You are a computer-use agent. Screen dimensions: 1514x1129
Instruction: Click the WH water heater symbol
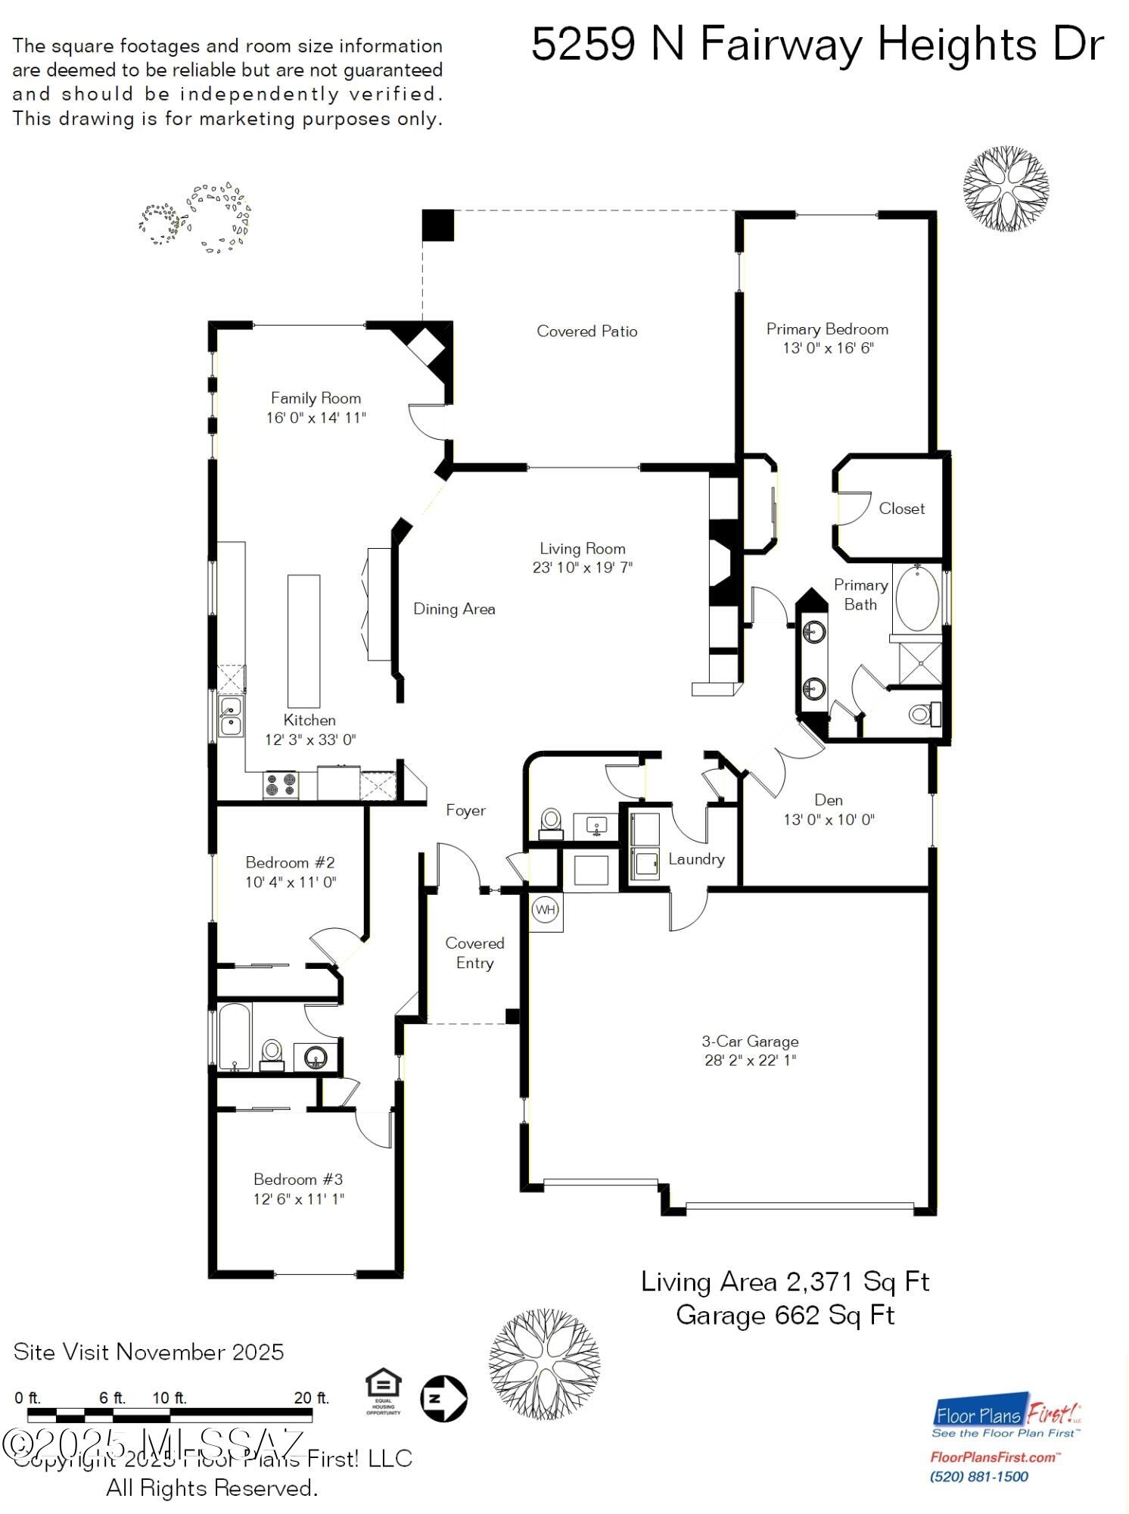546,909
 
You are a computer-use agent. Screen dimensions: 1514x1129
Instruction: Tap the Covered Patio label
586,331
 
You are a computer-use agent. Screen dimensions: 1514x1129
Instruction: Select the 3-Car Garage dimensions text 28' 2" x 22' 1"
750,1061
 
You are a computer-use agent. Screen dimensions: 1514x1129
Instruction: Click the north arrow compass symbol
443,1398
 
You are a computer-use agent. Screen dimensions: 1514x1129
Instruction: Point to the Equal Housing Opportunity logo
382,1391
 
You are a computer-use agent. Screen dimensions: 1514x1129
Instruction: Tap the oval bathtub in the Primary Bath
917,599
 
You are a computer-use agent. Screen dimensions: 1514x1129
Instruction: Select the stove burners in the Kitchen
281,784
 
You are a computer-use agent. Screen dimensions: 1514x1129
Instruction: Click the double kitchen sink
230,716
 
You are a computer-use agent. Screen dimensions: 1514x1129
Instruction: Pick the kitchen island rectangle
303,640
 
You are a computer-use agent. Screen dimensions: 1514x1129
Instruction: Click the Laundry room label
696,859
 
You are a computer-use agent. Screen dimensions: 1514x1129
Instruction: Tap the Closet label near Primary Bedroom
901,509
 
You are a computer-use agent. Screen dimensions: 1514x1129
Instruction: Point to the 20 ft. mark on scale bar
311,1398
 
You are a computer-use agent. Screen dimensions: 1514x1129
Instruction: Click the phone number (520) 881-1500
978,1477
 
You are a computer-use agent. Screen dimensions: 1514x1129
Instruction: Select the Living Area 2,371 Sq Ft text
785,1282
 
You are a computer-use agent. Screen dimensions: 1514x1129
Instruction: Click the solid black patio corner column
437,226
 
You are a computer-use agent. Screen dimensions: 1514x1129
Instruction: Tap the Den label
829,800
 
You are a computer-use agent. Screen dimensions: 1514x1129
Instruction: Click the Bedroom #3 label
298,1179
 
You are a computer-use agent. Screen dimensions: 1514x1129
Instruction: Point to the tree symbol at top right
1006,189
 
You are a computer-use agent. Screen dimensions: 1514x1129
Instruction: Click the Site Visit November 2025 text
149,1352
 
